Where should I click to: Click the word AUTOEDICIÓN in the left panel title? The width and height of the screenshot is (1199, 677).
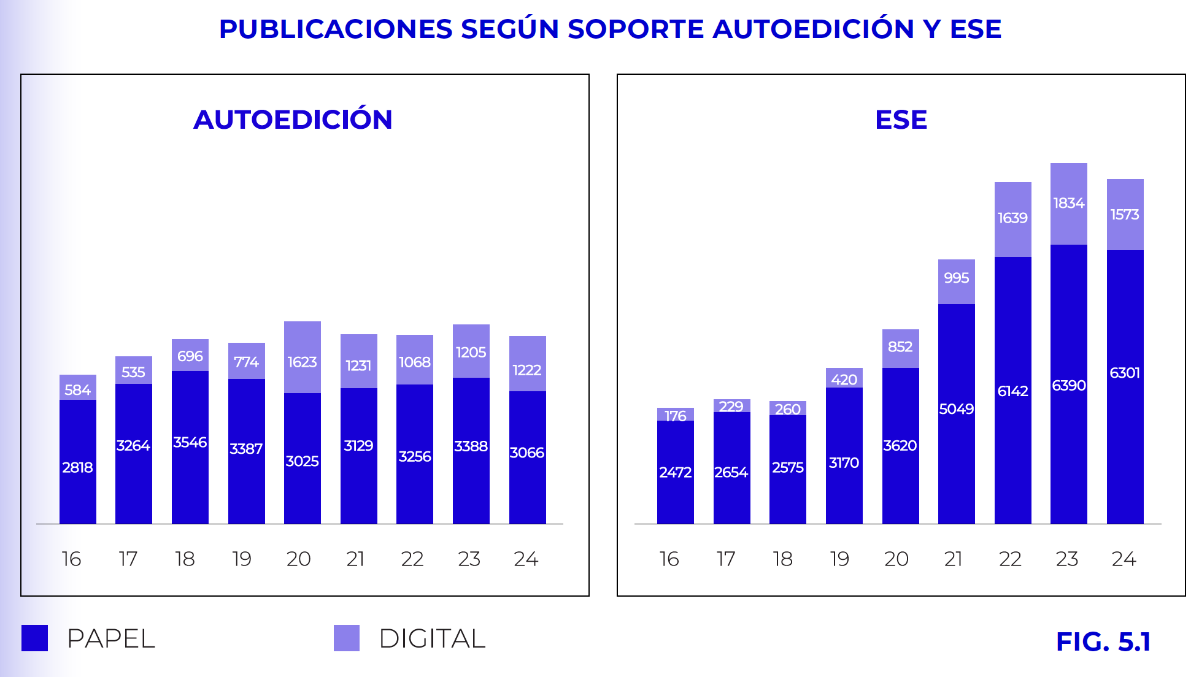293,120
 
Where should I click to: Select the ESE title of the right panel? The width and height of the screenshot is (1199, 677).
901,120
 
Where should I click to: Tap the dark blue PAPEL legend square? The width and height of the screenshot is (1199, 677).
34,638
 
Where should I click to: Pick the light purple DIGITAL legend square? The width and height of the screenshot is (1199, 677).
347,638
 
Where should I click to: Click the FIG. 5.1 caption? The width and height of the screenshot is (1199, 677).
1103,641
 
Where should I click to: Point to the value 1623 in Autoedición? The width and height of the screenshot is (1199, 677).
302,362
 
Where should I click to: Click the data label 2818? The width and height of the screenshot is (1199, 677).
77,467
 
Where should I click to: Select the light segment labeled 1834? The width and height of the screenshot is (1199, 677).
1068,204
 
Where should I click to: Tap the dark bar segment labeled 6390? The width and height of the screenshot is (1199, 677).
1068,385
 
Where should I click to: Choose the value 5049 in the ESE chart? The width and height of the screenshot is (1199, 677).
956,409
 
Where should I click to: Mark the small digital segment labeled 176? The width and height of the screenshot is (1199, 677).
675,415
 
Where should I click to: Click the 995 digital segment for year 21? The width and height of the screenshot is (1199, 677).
956,278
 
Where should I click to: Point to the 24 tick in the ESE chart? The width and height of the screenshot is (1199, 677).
1124,559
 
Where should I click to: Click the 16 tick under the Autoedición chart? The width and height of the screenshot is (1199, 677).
71,559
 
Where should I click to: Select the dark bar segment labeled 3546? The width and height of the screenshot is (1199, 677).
190,443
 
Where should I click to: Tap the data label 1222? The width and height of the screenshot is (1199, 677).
526,370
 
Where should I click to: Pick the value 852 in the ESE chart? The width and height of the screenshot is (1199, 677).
900,347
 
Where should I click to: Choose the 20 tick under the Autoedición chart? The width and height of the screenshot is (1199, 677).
299,559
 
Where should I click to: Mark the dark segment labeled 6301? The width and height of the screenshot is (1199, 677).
1125,373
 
